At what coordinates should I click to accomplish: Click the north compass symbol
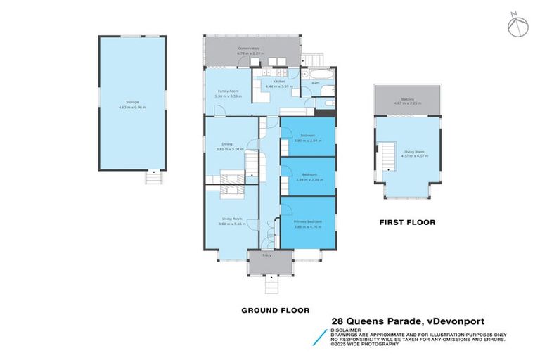(517, 25)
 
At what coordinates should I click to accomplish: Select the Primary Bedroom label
(307, 221)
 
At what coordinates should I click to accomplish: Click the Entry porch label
(267, 255)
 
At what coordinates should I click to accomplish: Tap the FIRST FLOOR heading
(407, 222)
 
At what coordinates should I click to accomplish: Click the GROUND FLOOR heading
(275, 310)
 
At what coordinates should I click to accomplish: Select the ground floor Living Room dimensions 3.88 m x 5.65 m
(231, 224)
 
